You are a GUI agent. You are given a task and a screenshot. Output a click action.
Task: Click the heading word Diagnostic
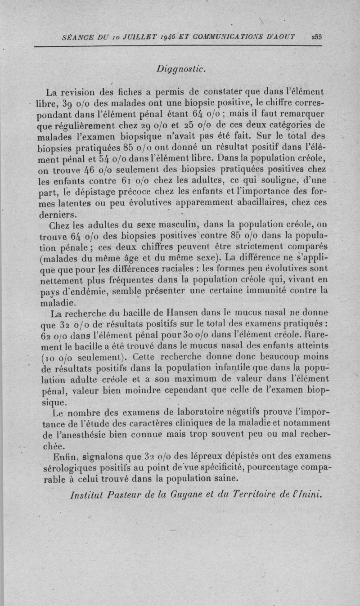point(181,69)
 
